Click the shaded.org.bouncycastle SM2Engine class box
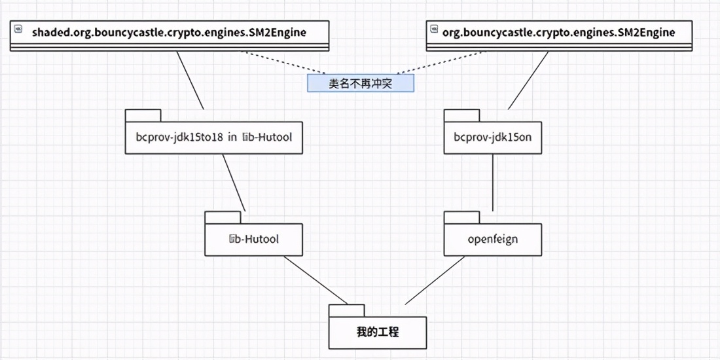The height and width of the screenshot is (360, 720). [169, 33]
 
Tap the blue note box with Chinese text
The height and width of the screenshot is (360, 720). [361, 83]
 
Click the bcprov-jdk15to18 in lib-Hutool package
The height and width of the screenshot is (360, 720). [214, 138]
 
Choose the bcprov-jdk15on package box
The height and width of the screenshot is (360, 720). [492, 138]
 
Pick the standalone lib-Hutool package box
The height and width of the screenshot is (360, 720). [253, 239]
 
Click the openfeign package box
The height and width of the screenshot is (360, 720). [492, 239]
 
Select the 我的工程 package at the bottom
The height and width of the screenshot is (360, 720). [378, 333]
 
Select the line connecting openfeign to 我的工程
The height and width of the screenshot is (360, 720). [435, 281]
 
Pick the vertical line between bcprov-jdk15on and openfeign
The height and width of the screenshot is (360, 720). [492, 183]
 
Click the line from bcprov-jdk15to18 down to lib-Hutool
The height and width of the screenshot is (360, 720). [234, 183]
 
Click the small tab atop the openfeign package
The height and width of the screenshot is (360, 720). [461, 217]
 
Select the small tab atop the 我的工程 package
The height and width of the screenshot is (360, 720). [346, 310]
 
